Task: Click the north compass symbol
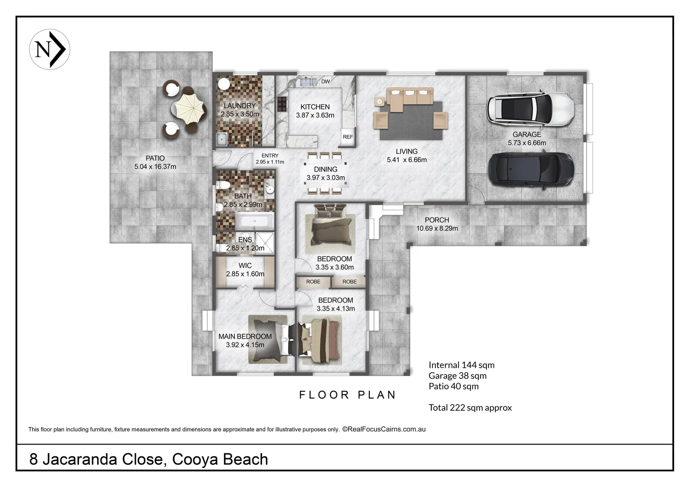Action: [50, 49]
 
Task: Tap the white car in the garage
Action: [531, 110]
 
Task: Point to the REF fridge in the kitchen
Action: [348, 137]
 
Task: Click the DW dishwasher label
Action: [325, 82]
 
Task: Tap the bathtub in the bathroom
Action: [254, 221]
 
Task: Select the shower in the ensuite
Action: [265, 243]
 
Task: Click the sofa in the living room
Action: [410, 99]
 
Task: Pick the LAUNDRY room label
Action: [240, 106]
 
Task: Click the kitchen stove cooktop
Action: [282, 104]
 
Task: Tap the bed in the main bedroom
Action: [269, 339]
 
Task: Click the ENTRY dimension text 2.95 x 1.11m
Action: [270, 162]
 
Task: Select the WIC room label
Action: [245, 266]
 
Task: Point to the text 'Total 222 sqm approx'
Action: [470, 408]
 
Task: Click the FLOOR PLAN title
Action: [347, 395]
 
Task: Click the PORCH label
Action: [437, 220]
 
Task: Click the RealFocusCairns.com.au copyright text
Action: [384, 429]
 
